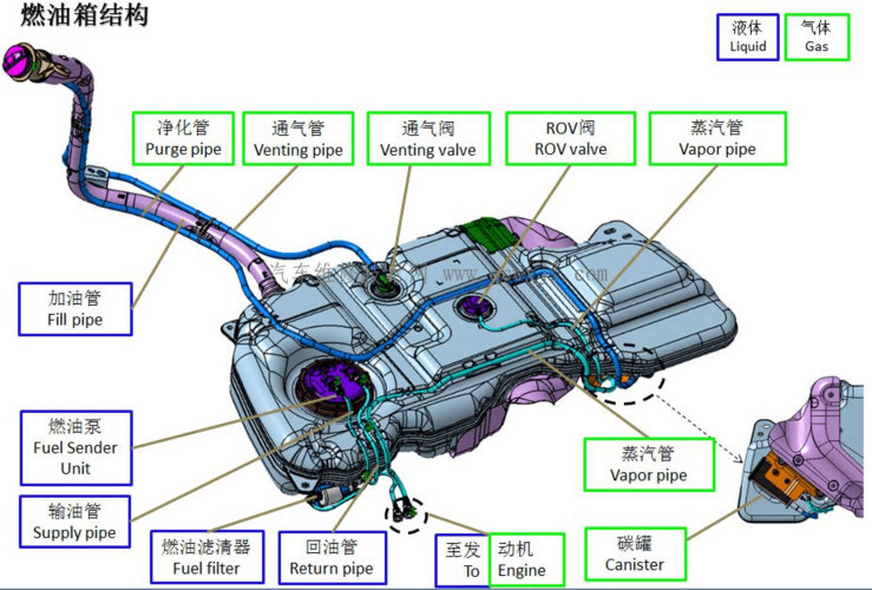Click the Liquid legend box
pyautogui.click(x=747, y=37)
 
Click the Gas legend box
pyautogui.click(x=816, y=37)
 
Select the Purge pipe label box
pyautogui.click(x=183, y=138)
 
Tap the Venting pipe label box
pyautogui.click(x=298, y=138)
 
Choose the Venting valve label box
pyautogui.click(x=428, y=138)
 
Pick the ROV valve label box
pyautogui.click(x=570, y=138)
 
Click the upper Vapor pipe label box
pyautogui.click(x=717, y=138)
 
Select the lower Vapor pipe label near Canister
pyautogui.click(x=648, y=465)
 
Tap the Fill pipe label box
pyautogui.click(x=75, y=309)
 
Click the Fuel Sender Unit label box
pyautogui.click(x=76, y=448)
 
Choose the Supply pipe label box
pyautogui.click(x=75, y=522)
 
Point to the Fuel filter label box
pyautogui.click(x=206, y=557)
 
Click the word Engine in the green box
pyautogui.click(x=522, y=570)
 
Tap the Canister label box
pyautogui.click(x=635, y=554)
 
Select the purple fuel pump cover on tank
pyautogui.click(x=323, y=383)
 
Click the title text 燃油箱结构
pyautogui.click(x=84, y=16)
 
